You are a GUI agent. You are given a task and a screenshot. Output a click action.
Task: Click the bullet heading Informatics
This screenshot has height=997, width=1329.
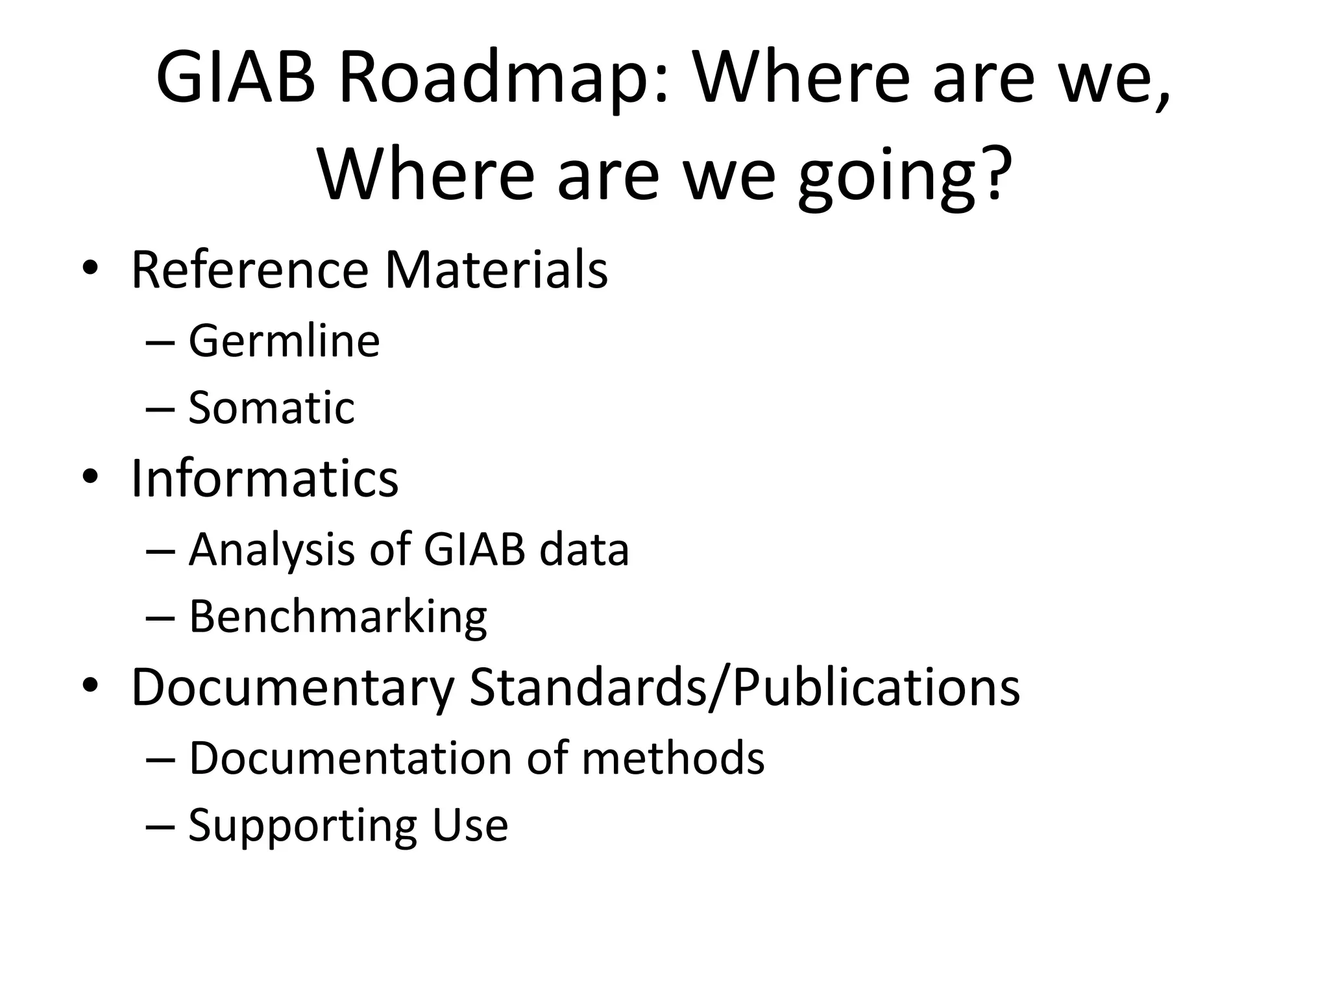pyautogui.click(x=265, y=478)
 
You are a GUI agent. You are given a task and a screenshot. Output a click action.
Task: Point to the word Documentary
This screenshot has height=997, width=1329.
pyautogui.click(x=293, y=687)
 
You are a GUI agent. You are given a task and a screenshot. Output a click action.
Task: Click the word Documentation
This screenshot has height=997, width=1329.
pyautogui.click(x=350, y=757)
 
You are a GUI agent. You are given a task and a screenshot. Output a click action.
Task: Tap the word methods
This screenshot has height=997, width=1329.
pyautogui.click(x=673, y=757)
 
